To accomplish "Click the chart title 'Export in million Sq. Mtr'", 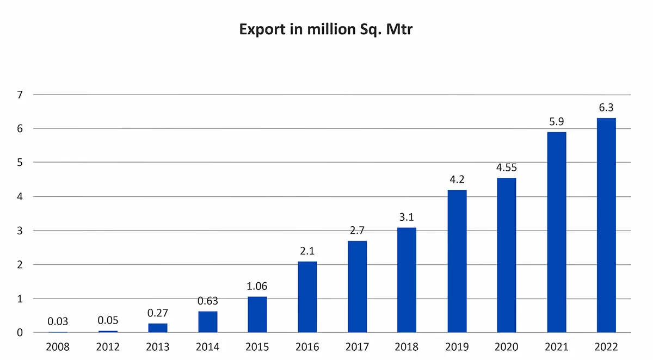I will (326, 29).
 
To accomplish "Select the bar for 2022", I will (606, 225).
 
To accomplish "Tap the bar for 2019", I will (457, 261).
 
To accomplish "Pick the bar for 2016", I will (307, 297).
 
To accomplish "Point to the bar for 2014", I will (208, 322).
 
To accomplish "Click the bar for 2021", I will (557, 232).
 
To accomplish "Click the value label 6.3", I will (606, 108).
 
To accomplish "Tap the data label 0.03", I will (58, 321).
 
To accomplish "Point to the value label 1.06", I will (257, 287).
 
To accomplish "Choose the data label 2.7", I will (357, 231).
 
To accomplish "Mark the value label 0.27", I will (158, 313).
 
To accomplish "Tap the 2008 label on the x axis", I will (58, 347).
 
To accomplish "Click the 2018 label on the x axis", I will (407, 347).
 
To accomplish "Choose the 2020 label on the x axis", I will (507, 347).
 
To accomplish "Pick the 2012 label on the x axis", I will (108, 347).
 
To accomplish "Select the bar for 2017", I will (357, 287).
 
